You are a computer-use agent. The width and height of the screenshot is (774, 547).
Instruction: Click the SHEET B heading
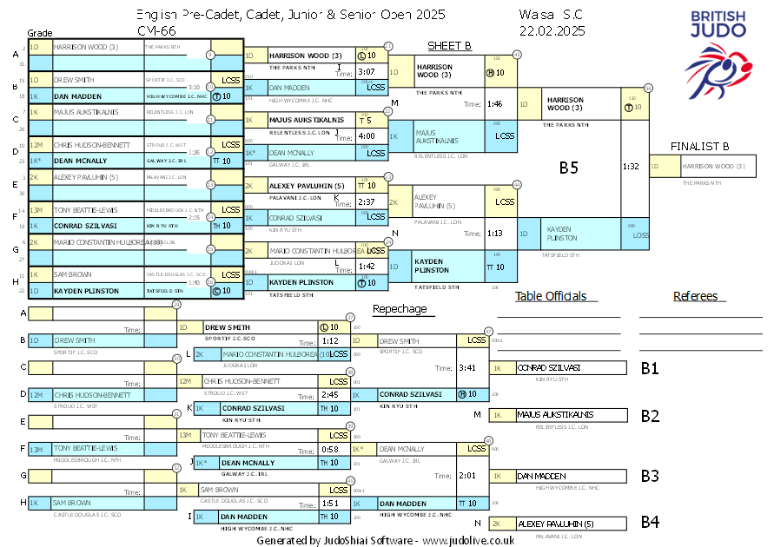pyautogui.click(x=449, y=46)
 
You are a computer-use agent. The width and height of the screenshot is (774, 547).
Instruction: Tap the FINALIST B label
pyautogui.click(x=699, y=146)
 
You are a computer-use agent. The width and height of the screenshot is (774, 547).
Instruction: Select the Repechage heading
pyautogui.click(x=400, y=309)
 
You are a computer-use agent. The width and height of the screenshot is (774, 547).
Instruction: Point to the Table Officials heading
pyautogui.click(x=550, y=296)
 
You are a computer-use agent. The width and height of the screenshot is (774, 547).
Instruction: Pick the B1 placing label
pyautogui.click(x=650, y=368)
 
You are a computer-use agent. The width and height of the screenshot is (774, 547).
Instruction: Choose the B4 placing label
pyautogui.click(x=650, y=523)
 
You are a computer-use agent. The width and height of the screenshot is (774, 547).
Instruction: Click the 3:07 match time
pyautogui.click(x=366, y=71)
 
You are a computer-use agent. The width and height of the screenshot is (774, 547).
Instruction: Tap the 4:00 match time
pyautogui.click(x=366, y=136)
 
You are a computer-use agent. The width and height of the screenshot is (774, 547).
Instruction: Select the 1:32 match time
pyautogui.click(x=631, y=166)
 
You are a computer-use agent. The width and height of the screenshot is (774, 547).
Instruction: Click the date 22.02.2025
pyautogui.click(x=552, y=30)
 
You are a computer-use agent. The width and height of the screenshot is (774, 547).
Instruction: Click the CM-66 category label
pyautogui.click(x=154, y=30)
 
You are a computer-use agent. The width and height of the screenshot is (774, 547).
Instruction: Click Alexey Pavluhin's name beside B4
pyautogui.click(x=555, y=524)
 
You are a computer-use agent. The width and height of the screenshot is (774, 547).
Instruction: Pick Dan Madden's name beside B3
pyautogui.click(x=541, y=477)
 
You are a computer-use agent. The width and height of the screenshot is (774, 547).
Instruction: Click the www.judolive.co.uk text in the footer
pyautogui.click(x=468, y=539)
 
